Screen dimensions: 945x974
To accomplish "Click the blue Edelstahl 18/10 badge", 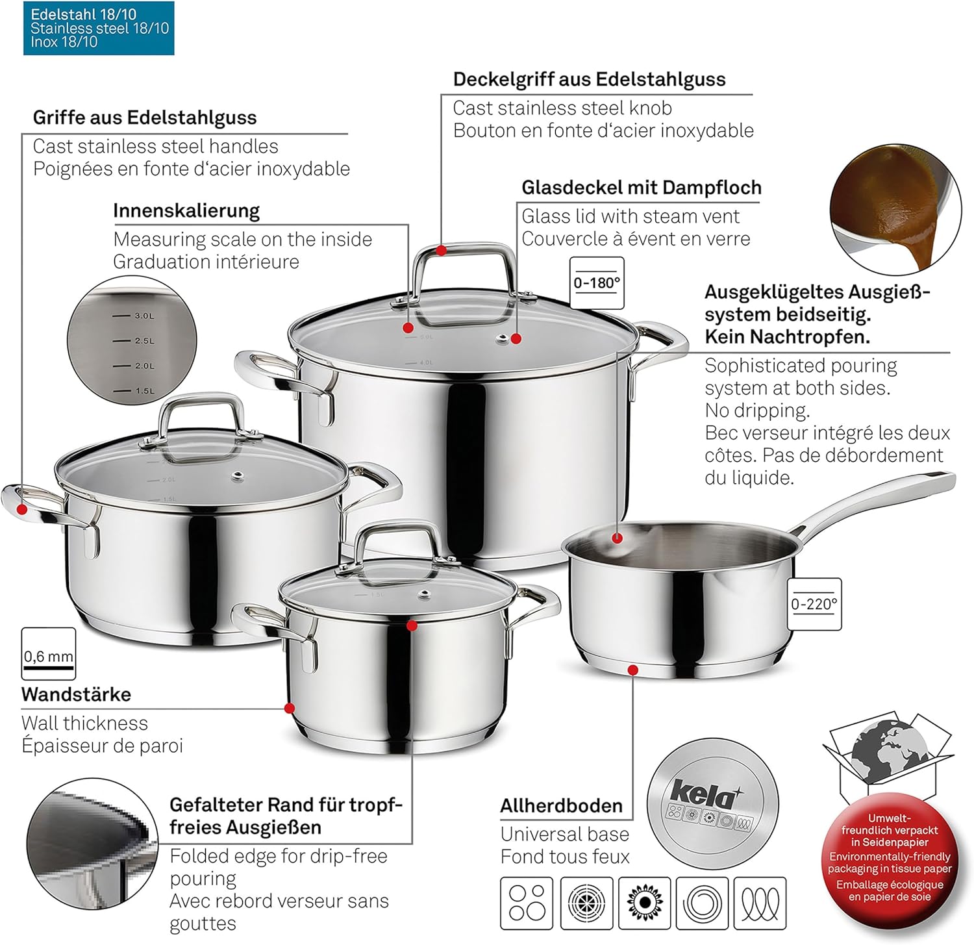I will pyautogui.click(x=99, y=28).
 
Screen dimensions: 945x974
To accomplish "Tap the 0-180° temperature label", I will pyautogui.click(x=597, y=283).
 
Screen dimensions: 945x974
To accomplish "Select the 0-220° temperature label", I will pyautogui.click(x=814, y=604).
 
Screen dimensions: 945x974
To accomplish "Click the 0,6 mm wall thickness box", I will pyautogui.click(x=49, y=655).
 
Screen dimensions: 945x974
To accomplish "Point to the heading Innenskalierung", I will pyautogui.click(x=186, y=210).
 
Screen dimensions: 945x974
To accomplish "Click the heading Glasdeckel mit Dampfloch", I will pyautogui.click(x=641, y=188).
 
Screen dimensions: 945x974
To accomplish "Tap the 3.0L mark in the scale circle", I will pyautogui.click(x=144, y=316).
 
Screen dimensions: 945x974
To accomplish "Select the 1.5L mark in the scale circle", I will pyautogui.click(x=144, y=390).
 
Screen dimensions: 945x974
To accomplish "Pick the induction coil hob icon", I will pyautogui.click(x=760, y=903).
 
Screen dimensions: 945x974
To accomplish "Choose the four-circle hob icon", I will pyautogui.click(x=527, y=903).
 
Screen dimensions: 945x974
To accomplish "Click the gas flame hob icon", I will pyautogui.click(x=644, y=903).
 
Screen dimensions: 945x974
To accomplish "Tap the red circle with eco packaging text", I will pyautogui.click(x=890, y=858).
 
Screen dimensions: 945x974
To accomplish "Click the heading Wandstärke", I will pyautogui.click(x=76, y=694).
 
